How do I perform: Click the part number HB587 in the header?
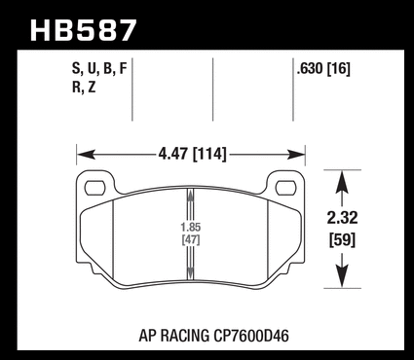pyautogui.click(x=83, y=30)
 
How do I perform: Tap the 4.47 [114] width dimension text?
pyautogui.click(x=192, y=154)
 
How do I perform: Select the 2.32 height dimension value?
pyautogui.click(x=342, y=218)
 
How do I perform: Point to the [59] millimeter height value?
pyautogui.click(x=343, y=240)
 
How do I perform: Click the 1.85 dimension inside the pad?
pyautogui.click(x=191, y=227)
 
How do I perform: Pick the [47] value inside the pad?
pyautogui.click(x=191, y=240)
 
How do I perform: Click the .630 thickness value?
pyautogui.click(x=310, y=69)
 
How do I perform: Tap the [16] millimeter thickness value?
pyautogui.click(x=339, y=69)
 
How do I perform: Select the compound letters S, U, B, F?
pyautogui.click(x=99, y=69)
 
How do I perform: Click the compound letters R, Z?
pyautogui.click(x=84, y=88)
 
